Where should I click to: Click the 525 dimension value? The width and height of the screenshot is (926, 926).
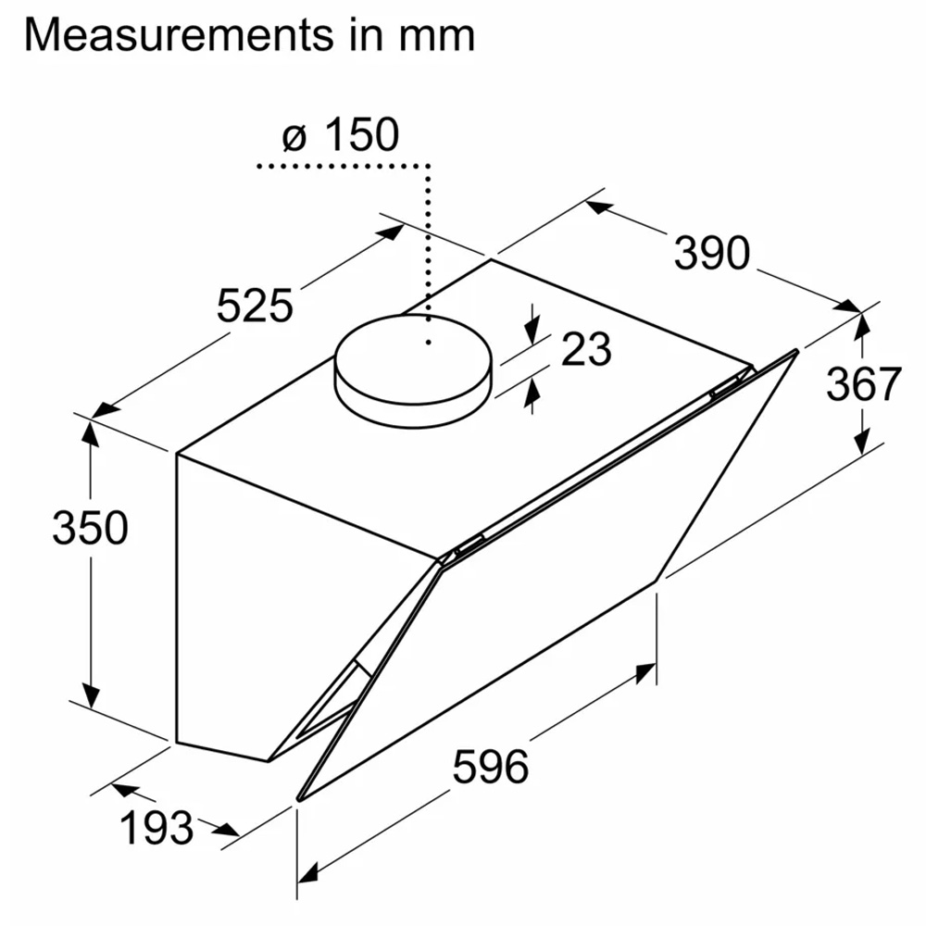point(255,306)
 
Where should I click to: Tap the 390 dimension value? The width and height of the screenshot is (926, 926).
point(711,254)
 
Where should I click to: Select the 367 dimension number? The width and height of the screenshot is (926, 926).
point(864,384)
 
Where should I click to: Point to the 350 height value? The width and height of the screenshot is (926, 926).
point(90,528)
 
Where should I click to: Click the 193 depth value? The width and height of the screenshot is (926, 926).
point(156,827)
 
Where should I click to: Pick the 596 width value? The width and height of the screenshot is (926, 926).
point(491,767)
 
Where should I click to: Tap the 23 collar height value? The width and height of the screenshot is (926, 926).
point(586,349)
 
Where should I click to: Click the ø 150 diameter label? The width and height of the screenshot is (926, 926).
point(341,134)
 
